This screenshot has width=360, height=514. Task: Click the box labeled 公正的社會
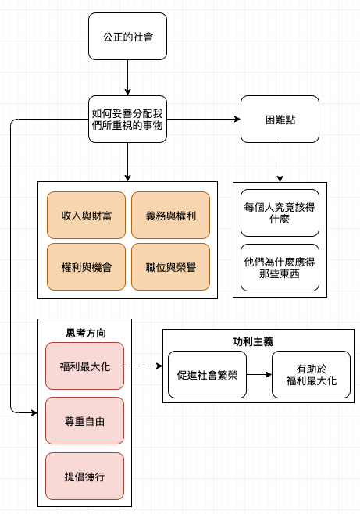click(x=127, y=37)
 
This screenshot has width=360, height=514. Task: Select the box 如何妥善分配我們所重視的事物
click(x=127, y=119)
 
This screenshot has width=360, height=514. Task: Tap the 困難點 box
click(x=280, y=119)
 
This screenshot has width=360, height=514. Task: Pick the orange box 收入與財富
click(x=86, y=215)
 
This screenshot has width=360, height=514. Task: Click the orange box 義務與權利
click(x=171, y=215)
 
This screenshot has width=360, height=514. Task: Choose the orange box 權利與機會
click(x=86, y=267)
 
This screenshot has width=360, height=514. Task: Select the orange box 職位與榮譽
click(x=171, y=267)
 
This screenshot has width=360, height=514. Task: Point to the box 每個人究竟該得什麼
click(x=280, y=212)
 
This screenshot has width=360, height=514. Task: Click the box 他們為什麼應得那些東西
click(x=280, y=267)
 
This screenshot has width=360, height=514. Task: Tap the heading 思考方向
click(x=86, y=333)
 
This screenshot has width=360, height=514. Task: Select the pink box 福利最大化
click(x=85, y=366)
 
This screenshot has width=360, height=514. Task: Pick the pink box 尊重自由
click(x=85, y=421)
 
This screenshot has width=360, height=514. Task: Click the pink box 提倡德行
click(x=85, y=476)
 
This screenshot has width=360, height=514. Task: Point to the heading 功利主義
click(x=253, y=342)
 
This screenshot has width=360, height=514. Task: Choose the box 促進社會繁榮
click(x=207, y=375)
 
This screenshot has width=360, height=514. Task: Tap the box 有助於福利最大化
click(x=311, y=375)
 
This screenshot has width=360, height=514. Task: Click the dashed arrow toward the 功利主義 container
click(x=144, y=366)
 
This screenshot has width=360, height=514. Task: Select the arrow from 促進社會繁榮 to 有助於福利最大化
click(x=259, y=375)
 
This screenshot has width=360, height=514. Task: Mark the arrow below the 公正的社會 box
click(x=127, y=77)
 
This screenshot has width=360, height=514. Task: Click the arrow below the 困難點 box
click(x=280, y=162)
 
